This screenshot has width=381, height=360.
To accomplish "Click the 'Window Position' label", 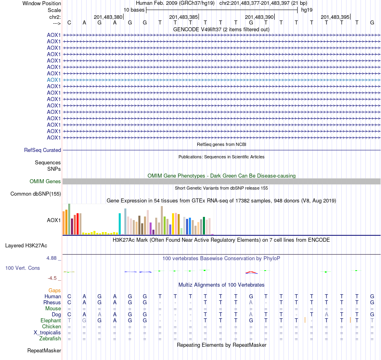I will (42, 3).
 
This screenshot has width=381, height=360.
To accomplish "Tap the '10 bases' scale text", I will (134, 10).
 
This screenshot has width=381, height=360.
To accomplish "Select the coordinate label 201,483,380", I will (108, 17).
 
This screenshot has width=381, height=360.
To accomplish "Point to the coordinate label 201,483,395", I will (335, 17).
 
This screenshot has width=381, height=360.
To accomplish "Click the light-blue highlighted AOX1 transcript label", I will (54, 80).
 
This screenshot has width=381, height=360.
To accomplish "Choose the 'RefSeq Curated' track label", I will (43, 150).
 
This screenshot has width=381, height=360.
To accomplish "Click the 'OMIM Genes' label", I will (45, 182).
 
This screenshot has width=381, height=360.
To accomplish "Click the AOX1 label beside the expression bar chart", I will (54, 220).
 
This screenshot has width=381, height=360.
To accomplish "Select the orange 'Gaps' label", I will (55, 290).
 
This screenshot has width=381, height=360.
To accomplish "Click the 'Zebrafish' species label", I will (51, 339).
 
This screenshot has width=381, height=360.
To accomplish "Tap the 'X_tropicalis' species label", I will (47, 333).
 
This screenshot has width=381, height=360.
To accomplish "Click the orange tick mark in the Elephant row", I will (305, 320).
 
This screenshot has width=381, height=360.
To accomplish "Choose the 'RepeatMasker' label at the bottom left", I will (44, 351).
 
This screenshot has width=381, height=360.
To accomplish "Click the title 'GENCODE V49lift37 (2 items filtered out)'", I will (221, 29).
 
